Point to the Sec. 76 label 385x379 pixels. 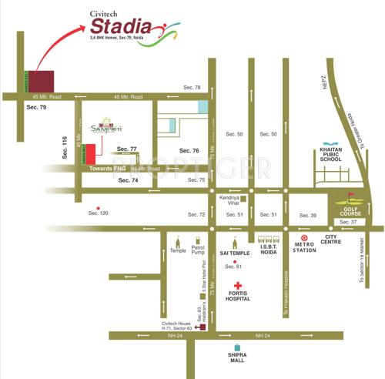click(189, 150)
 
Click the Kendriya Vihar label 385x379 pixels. click(230, 201)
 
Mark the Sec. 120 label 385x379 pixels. click(98, 211)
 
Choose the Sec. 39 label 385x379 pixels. click(308, 216)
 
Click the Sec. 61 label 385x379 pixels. click(233, 267)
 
